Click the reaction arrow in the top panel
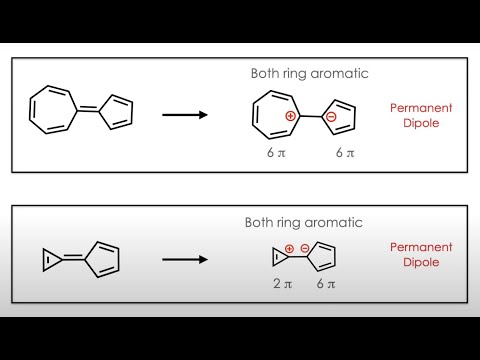click(184, 114)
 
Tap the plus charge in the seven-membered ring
click(290, 117)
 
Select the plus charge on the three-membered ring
click(290, 248)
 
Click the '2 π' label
click(283, 285)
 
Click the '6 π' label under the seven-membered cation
click(270, 153)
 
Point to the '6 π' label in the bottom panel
click(324, 285)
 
